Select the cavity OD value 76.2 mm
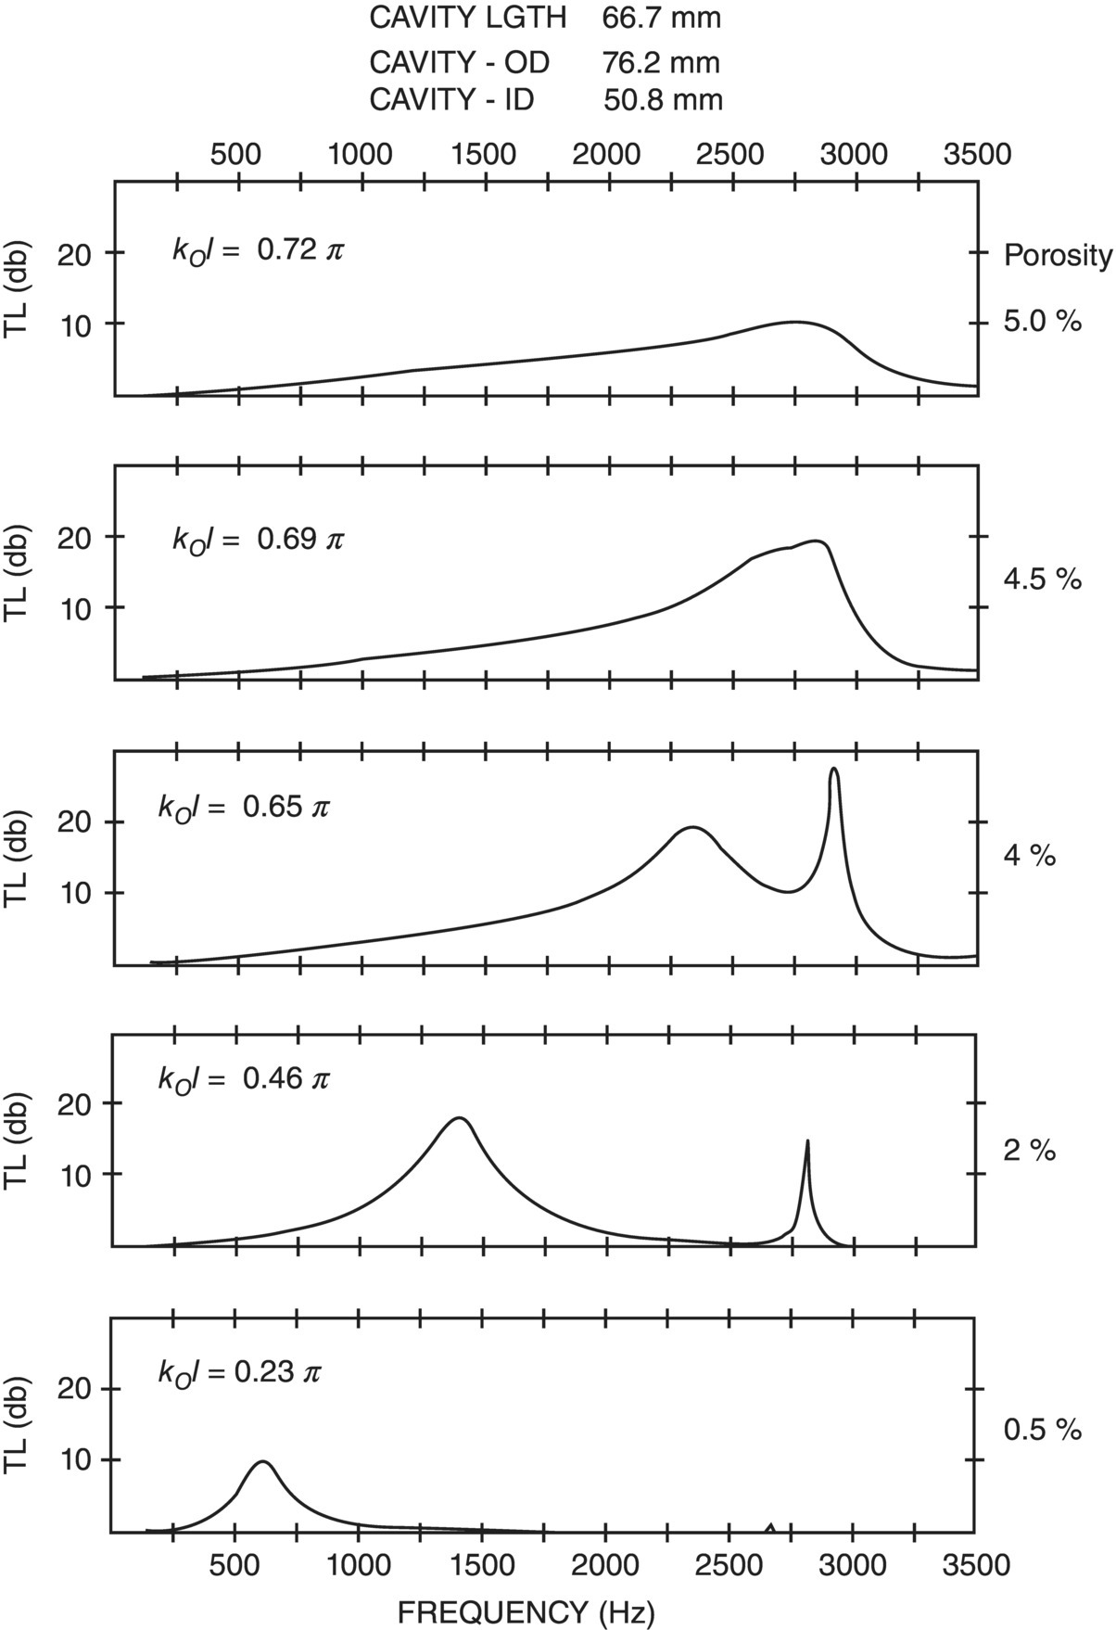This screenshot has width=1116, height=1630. pyautogui.click(x=661, y=62)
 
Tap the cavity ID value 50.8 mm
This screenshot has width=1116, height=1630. pyautogui.click(x=663, y=99)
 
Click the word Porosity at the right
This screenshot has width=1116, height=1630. pyautogui.click(x=1058, y=256)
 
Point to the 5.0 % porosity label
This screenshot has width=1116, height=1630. pyautogui.click(x=1043, y=323)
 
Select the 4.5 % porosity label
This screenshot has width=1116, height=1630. pyautogui.click(x=1043, y=579)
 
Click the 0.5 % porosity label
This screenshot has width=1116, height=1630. pyautogui.click(x=1043, y=1430)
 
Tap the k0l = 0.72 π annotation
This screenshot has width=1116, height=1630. pyautogui.click(x=258, y=250)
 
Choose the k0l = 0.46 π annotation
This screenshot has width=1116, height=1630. pyautogui.click(x=244, y=1078)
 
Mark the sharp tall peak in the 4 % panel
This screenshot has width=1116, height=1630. pyautogui.click(x=834, y=771)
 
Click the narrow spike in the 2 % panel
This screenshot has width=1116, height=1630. pyautogui.click(x=807, y=1144)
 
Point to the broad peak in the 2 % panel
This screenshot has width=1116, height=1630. pyautogui.click(x=460, y=1119)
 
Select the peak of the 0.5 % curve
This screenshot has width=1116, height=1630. pyautogui.click(x=263, y=1462)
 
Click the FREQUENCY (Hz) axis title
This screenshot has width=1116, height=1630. pyautogui.click(x=526, y=1611)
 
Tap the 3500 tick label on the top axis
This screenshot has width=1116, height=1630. pyautogui.click(x=977, y=154)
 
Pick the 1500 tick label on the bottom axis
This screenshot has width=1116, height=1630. pyautogui.click(x=480, y=1565)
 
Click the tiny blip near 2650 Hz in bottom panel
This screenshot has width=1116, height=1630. pyautogui.click(x=769, y=1525)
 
